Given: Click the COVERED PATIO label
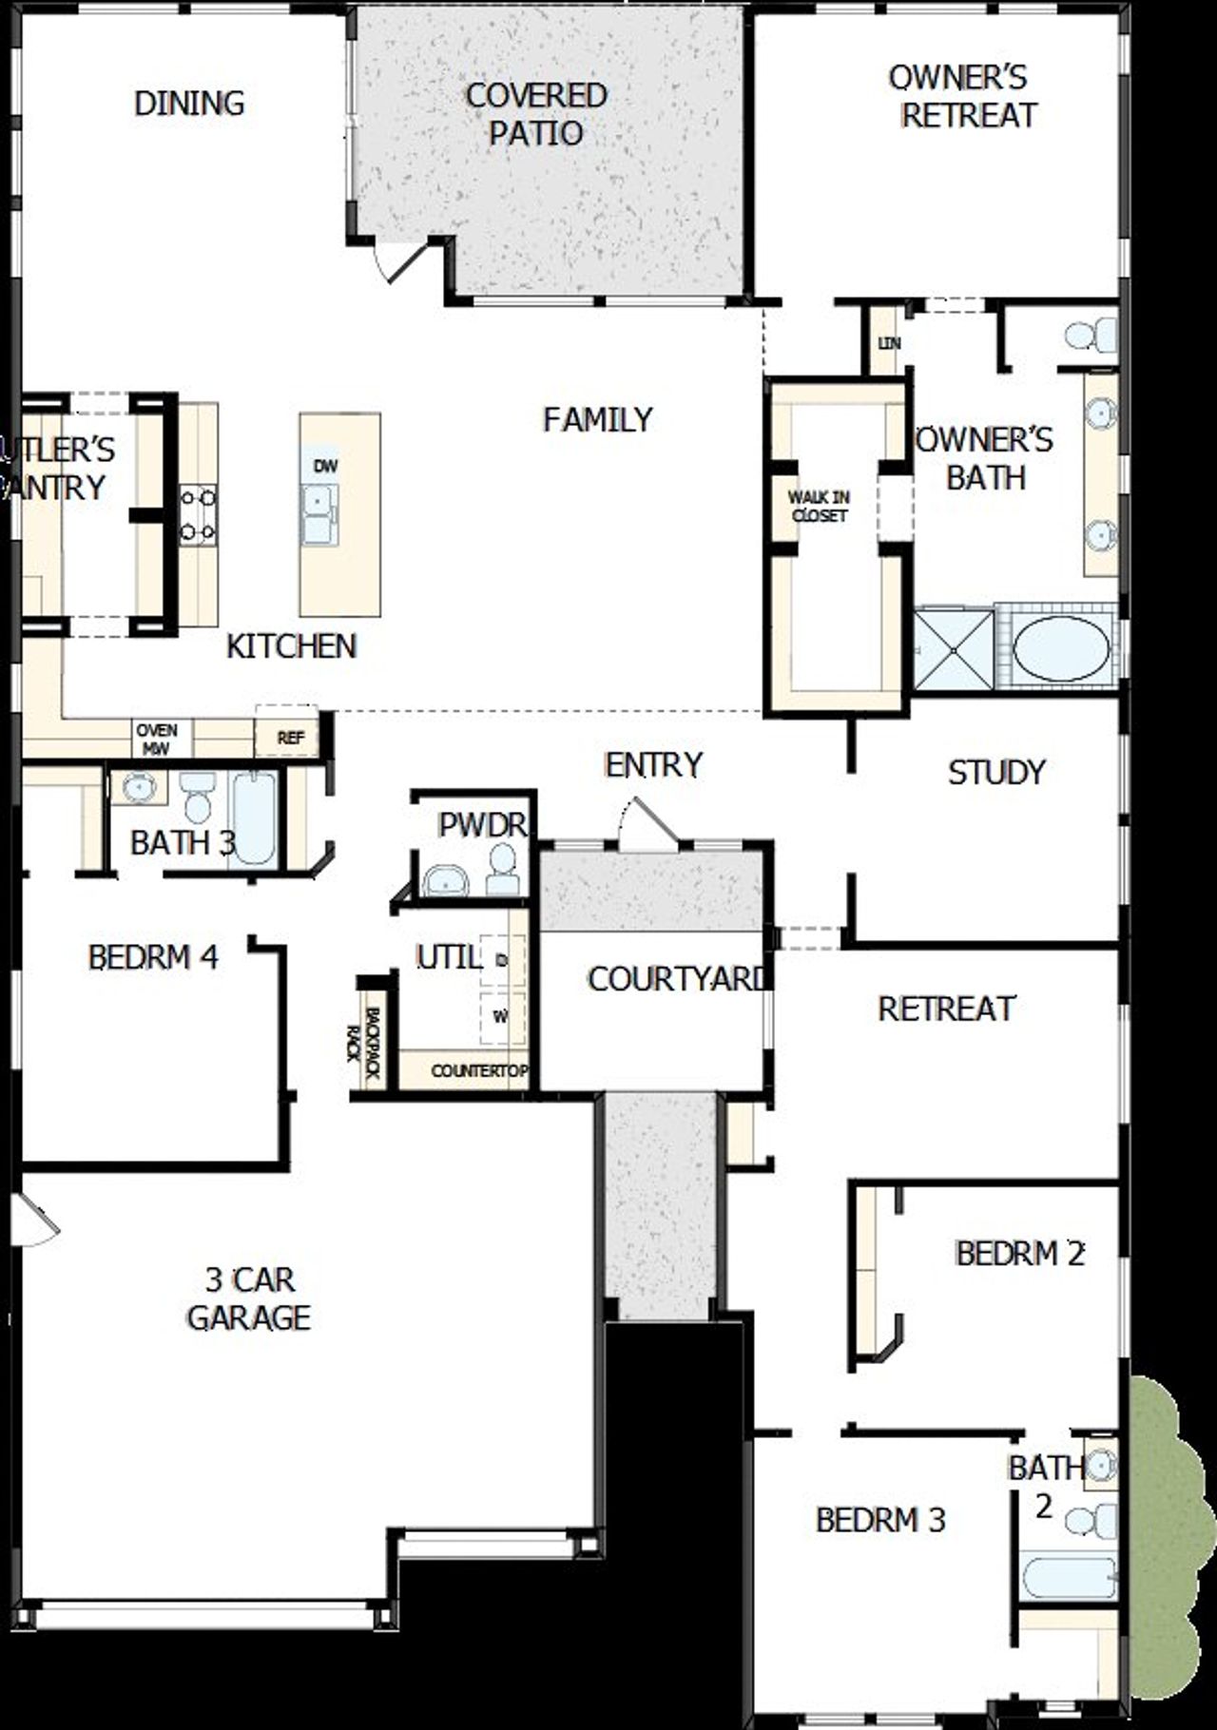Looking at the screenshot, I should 536,114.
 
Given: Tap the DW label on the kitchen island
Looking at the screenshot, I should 325,467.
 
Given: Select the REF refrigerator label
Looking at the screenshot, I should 290,738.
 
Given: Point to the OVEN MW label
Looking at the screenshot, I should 157,739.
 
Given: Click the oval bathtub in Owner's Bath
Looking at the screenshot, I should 1060,647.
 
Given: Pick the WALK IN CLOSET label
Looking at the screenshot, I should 819,506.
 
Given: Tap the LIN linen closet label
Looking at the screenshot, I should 889,342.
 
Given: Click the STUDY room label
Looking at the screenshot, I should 996,772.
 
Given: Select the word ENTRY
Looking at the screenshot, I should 653,764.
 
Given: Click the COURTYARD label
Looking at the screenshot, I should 676,979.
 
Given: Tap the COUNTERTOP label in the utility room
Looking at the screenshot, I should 478,1071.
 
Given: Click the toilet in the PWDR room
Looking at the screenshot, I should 502,870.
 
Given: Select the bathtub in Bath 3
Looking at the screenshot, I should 253,817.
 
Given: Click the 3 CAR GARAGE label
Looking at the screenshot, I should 249,1298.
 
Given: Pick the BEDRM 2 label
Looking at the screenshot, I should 1019,1254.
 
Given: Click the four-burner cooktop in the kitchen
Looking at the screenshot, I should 197,515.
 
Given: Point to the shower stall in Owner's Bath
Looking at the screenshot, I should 953,649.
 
